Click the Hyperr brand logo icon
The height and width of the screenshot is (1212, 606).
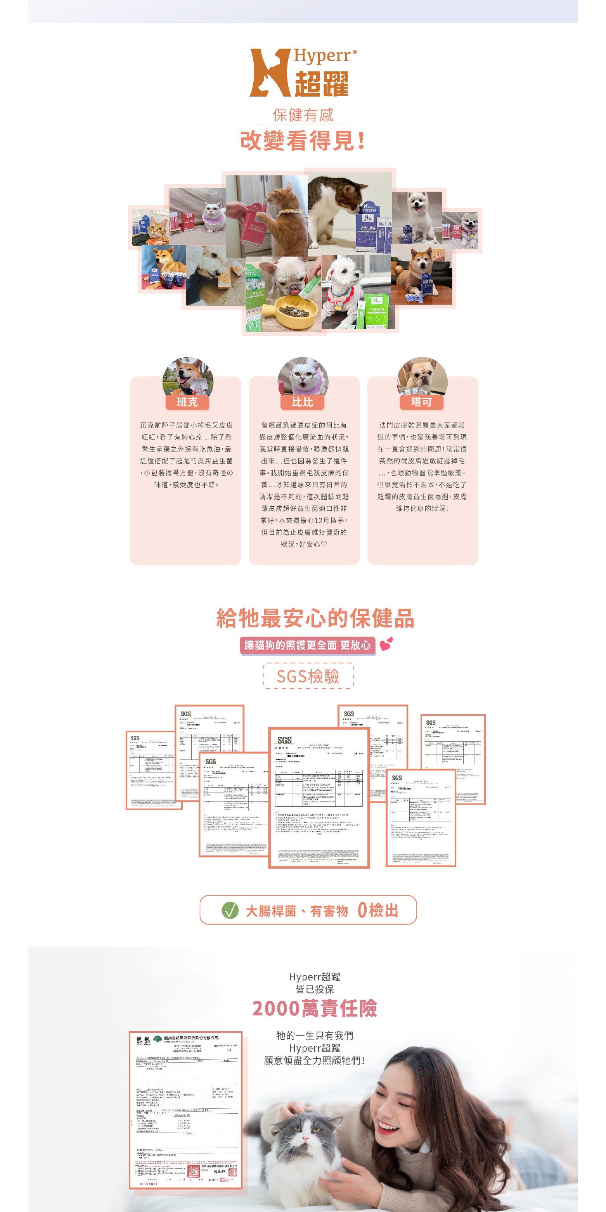click(x=270, y=73)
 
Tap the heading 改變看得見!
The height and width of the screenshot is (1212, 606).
click(x=303, y=141)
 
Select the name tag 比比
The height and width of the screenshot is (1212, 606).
click(x=302, y=402)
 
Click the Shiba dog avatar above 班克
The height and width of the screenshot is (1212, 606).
click(x=188, y=376)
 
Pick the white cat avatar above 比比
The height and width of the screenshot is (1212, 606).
click(x=303, y=376)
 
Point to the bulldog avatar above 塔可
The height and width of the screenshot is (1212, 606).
click(x=422, y=376)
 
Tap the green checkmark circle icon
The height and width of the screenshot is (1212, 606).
click(x=230, y=911)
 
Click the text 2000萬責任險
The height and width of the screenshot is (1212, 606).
click(x=314, y=1008)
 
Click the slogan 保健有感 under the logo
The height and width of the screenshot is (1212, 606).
click(x=303, y=115)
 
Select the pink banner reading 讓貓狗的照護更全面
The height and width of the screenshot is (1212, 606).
click(x=308, y=645)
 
